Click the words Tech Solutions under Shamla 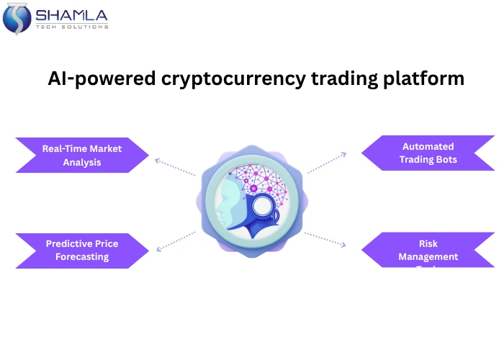pos(72,27)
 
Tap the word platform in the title pos(425,78)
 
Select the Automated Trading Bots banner pos(428,153)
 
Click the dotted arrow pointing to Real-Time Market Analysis pos(174,167)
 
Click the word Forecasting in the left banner pos(82,256)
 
